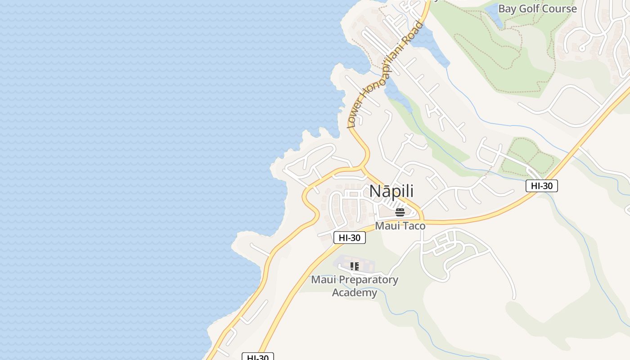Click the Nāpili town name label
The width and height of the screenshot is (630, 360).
click(x=391, y=191)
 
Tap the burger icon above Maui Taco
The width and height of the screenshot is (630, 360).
click(x=400, y=212)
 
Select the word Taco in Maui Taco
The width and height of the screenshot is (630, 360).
click(x=413, y=225)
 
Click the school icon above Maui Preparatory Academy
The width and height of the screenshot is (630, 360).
click(x=354, y=266)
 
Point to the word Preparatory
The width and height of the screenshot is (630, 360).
click(x=369, y=280)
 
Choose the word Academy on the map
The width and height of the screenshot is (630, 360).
click(x=355, y=293)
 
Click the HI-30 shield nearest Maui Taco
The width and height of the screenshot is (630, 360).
click(x=350, y=238)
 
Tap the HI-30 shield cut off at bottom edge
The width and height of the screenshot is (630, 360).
click(x=258, y=357)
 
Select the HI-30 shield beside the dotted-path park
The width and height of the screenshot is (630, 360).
click(x=541, y=185)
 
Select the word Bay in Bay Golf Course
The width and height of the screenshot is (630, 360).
click(x=508, y=9)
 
